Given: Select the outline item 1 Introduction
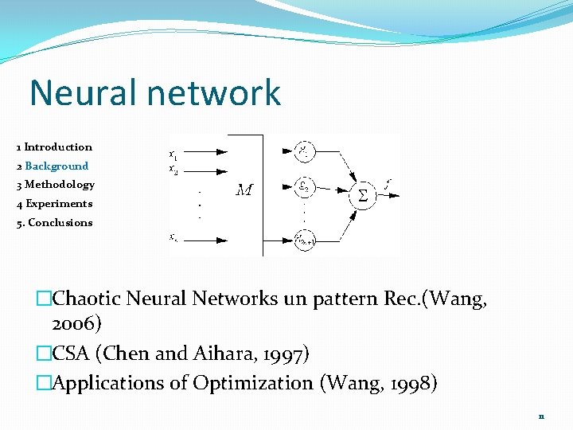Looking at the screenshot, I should [x=54, y=147].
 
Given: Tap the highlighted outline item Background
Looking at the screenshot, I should [x=57, y=166].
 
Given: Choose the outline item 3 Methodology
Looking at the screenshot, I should [x=55, y=185].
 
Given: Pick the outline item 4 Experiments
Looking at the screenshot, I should [x=54, y=204].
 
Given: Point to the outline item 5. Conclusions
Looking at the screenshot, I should [x=54, y=223].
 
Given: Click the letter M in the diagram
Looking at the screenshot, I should [x=244, y=190].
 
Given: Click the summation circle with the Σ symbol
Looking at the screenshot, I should [x=362, y=195].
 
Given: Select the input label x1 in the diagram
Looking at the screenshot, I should [x=173, y=154].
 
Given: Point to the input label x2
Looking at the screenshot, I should [x=173, y=169].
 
